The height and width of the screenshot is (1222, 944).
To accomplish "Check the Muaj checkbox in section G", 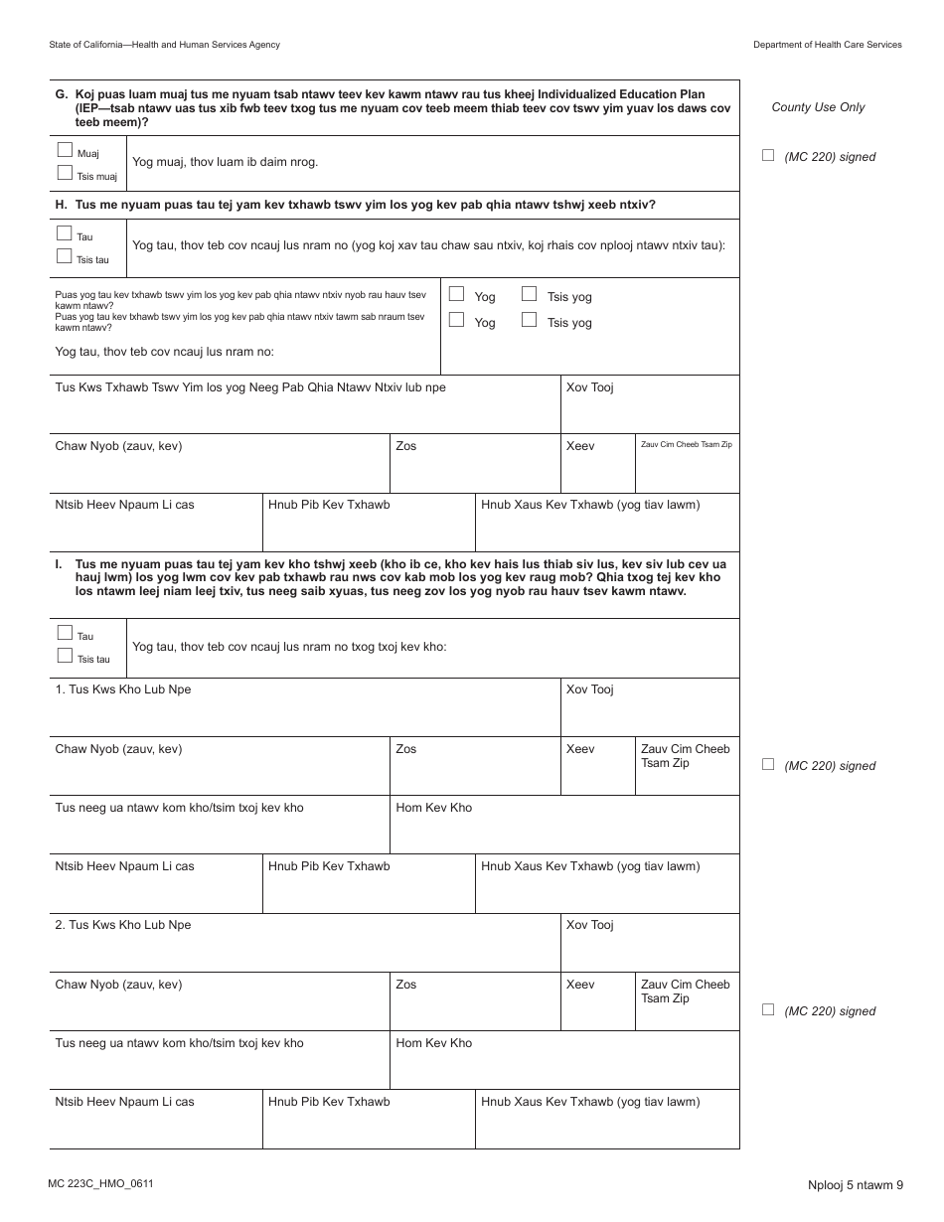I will [66, 151].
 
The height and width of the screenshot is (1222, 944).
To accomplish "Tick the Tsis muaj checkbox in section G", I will [66, 173].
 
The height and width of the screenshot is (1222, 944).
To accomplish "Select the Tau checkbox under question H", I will [66, 234].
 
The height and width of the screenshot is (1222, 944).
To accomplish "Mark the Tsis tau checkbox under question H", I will [66, 256].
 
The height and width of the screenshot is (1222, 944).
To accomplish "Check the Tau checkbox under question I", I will [66, 633].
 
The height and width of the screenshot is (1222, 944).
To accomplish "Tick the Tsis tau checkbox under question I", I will [66, 656].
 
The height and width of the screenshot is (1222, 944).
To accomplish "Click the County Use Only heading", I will [818, 107].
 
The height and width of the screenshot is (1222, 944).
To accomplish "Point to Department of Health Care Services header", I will [827, 45].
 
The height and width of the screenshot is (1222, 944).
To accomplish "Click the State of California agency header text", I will [164, 45].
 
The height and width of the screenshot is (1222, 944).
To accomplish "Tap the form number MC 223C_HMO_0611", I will [100, 1183].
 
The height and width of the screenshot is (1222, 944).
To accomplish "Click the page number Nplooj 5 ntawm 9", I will [855, 1184].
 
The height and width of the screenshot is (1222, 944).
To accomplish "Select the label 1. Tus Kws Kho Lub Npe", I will [123, 689].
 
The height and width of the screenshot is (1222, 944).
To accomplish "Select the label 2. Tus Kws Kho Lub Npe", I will [123, 925].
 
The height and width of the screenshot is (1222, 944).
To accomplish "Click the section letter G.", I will [61, 94].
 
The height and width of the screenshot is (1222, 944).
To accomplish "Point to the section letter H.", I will [61, 205].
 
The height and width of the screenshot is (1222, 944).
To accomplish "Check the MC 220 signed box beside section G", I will [767, 155].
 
